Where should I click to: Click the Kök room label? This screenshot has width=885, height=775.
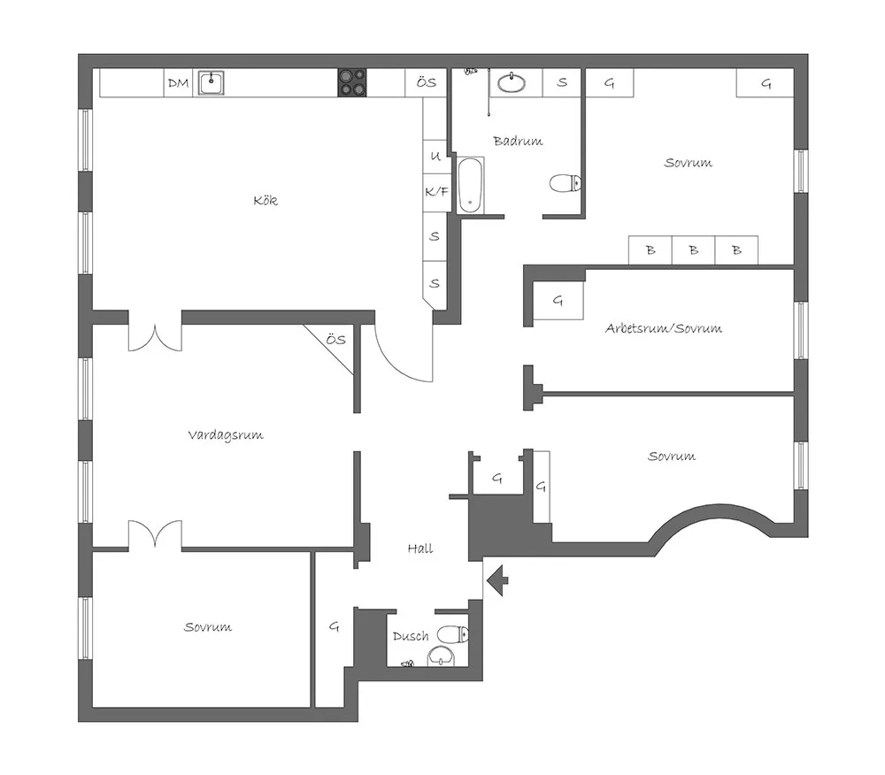click(265, 200)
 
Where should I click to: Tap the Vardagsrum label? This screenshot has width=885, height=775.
click(226, 435)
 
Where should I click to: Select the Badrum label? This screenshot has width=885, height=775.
click(518, 141)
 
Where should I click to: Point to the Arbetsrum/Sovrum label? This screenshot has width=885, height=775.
click(663, 328)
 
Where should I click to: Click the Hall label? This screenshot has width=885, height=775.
click(420, 549)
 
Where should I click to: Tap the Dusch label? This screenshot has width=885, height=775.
click(411, 636)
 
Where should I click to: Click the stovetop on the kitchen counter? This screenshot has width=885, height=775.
click(352, 83)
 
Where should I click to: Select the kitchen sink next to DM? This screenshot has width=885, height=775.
click(212, 83)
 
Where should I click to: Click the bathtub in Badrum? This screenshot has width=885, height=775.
click(470, 186)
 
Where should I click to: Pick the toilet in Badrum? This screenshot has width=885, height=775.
click(566, 183)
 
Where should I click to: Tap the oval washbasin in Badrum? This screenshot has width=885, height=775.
click(512, 83)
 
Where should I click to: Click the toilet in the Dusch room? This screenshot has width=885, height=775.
click(453, 634)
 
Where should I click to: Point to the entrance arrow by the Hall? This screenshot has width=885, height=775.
click(497, 580)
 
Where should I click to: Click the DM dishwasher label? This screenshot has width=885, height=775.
click(179, 83)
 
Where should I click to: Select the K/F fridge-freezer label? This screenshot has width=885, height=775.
click(437, 192)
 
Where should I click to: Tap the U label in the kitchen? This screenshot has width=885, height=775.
click(435, 156)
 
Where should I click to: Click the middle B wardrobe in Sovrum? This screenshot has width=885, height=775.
click(694, 249)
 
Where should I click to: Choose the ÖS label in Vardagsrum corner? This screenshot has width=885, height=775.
click(335, 340)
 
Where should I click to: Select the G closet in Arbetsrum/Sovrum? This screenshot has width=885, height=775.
click(558, 301)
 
